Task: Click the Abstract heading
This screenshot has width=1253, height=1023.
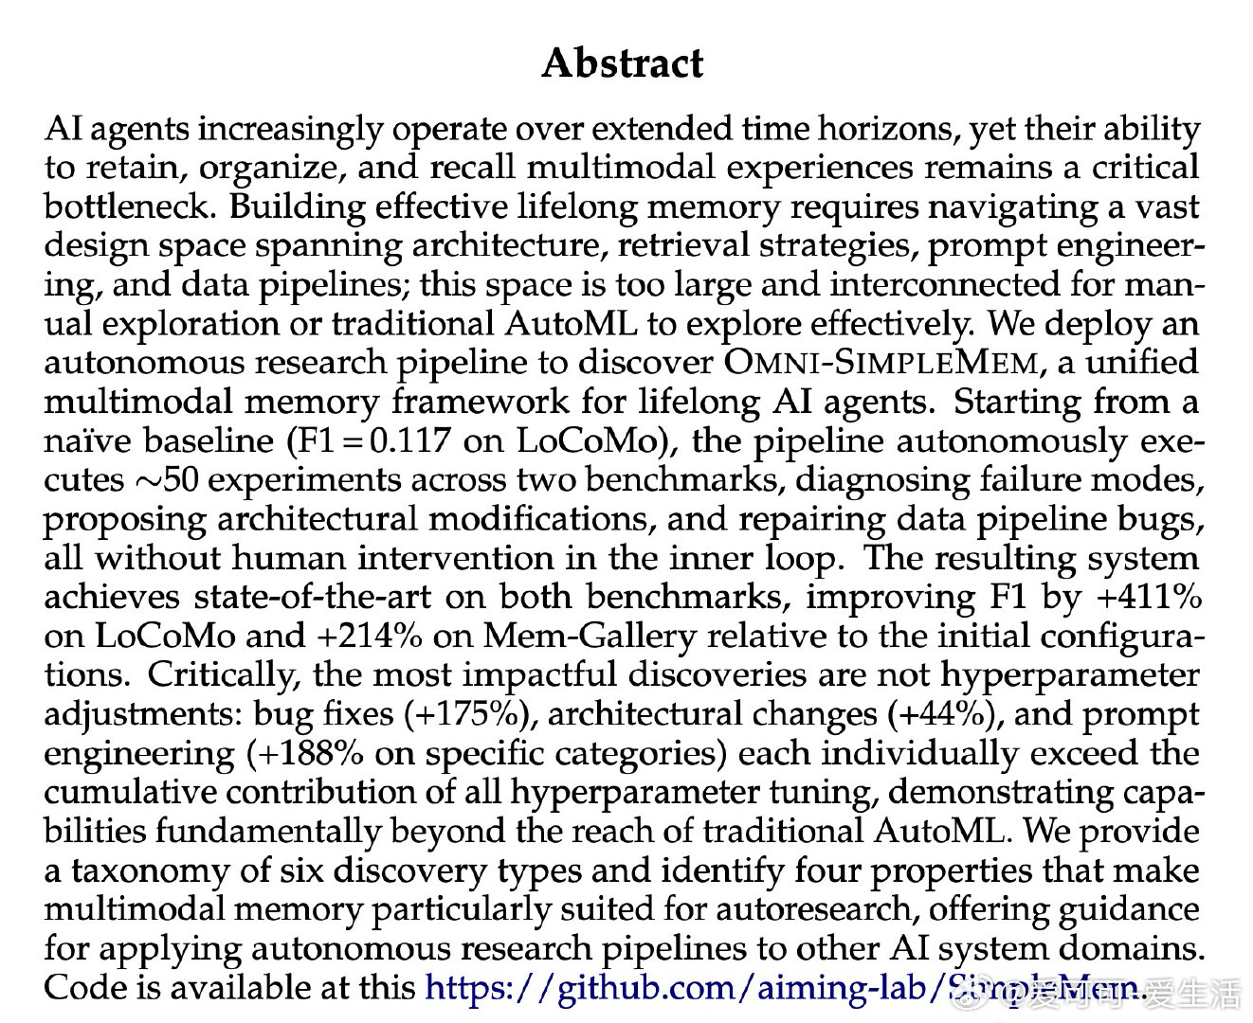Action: tap(623, 63)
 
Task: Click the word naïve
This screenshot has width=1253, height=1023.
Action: tap(85, 441)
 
